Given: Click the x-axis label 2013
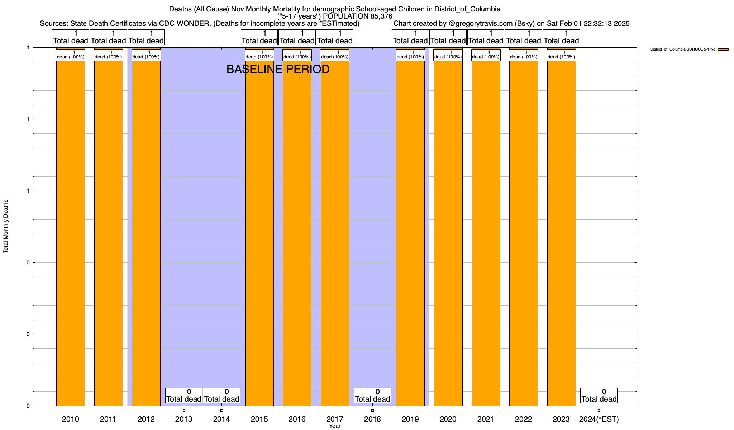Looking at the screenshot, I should (x=184, y=419).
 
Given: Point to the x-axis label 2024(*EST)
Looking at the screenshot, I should (x=599, y=419).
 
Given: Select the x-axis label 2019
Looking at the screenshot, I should (x=410, y=419).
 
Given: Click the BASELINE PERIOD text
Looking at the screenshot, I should (x=278, y=69).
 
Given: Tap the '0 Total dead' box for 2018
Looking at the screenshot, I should (x=372, y=396).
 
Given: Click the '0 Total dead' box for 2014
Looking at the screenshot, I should (x=221, y=396).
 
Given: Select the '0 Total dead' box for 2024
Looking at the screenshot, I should (x=599, y=396).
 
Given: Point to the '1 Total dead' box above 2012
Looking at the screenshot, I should (x=146, y=37).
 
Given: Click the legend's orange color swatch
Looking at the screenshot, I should (x=723, y=49).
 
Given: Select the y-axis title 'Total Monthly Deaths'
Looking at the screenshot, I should (x=6, y=226).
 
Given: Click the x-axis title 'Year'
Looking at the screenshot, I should (x=335, y=426).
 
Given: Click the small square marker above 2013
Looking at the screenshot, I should (x=184, y=410).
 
